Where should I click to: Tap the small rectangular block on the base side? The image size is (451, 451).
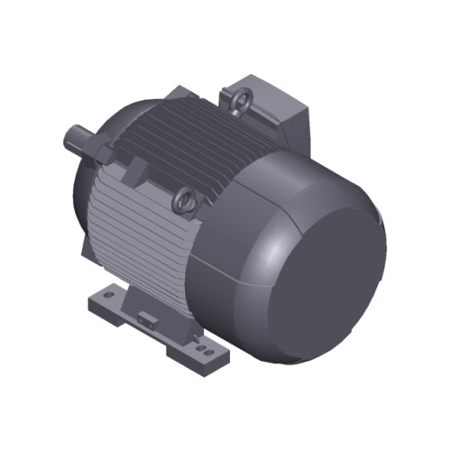[x=147, y=318]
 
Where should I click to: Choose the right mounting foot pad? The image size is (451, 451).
[x=203, y=347]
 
